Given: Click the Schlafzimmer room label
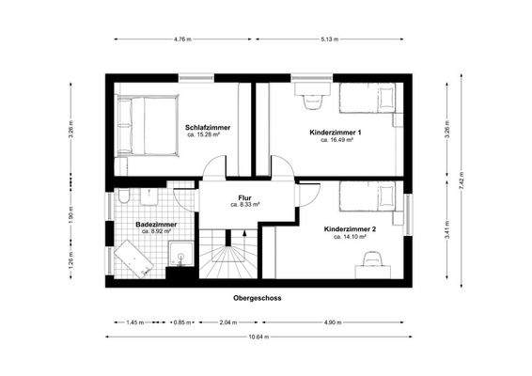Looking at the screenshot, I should [x=208, y=127].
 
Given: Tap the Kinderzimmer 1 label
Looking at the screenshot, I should [x=336, y=133].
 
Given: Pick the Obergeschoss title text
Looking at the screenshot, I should [x=258, y=298].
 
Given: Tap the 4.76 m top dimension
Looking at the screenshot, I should [x=182, y=39].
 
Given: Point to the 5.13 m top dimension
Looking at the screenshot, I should [x=329, y=39].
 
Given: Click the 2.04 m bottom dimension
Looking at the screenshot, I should [x=227, y=322].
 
